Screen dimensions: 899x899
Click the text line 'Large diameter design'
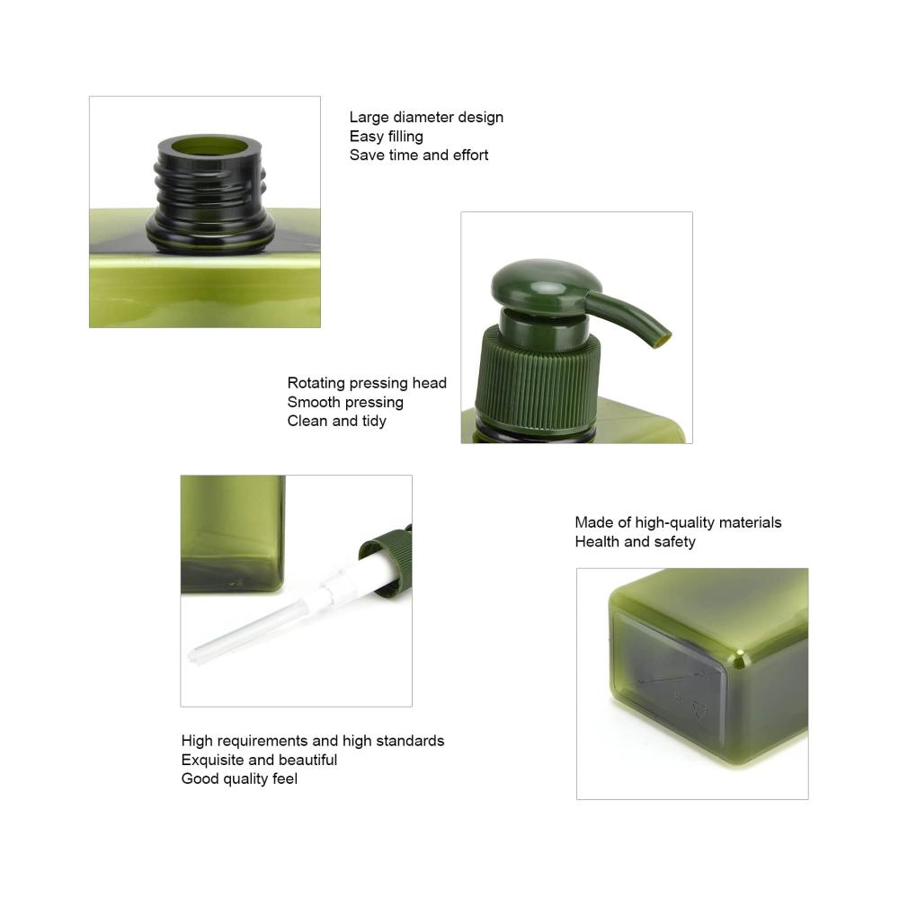426,118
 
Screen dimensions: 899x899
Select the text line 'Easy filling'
387,137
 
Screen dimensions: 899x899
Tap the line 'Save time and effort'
419,156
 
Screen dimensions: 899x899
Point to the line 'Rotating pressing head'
367,383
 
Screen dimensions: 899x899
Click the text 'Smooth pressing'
345,402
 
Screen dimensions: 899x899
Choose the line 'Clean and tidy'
336,421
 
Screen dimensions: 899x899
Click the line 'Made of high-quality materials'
678,522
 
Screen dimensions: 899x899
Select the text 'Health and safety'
635,541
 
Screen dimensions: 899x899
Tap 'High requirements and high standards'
313,741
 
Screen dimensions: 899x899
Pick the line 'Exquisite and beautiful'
259,760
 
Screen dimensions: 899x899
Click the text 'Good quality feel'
239,779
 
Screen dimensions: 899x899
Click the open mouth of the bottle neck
209,146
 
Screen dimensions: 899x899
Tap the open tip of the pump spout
663,340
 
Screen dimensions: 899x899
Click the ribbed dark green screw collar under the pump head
537,378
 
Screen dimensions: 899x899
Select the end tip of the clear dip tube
193,655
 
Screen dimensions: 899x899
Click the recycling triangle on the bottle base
699,710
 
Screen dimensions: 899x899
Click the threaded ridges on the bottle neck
209,192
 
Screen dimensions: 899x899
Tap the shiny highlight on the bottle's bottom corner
740,658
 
